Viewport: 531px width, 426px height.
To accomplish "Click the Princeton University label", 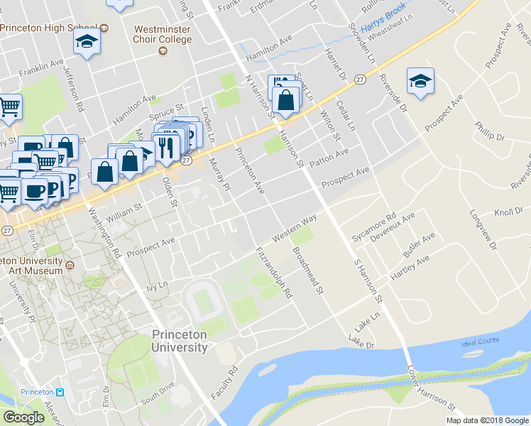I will [x=180, y=341].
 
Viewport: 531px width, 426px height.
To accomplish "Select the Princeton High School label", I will [x=48, y=28].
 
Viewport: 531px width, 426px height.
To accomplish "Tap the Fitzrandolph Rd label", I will [x=275, y=273].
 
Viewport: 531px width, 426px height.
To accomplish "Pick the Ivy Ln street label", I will [x=155, y=289].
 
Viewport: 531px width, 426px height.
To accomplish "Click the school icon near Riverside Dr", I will [x=420, y=82].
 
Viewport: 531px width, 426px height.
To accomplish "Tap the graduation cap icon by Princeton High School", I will [x=87, y=42].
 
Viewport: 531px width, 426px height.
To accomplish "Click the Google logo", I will [x=23, y=417].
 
